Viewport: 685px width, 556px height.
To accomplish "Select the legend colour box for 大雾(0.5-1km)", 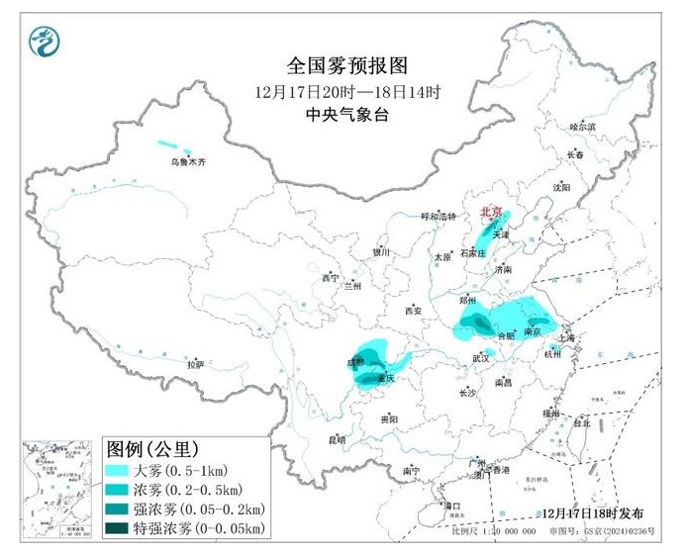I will pyautogui.click(x=126, y=470).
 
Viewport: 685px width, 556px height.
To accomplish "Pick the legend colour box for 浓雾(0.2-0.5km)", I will pyautogui.click(x=126, y=490).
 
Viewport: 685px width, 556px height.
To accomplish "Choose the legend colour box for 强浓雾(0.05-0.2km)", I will pyautogui.click(x=126, y=510).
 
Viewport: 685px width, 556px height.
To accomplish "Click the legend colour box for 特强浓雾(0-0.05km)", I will pyautogui.click(x=126, y=529).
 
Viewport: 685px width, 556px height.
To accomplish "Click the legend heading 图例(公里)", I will pyautogui.click(x=152, y=447).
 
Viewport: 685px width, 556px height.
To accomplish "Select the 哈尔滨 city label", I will pyautogui.click(x=583, y=127).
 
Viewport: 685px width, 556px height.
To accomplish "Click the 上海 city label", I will pyautogui.click(x=567, y=337).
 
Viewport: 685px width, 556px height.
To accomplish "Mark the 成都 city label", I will pyautogui.click(x=356, y=363).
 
